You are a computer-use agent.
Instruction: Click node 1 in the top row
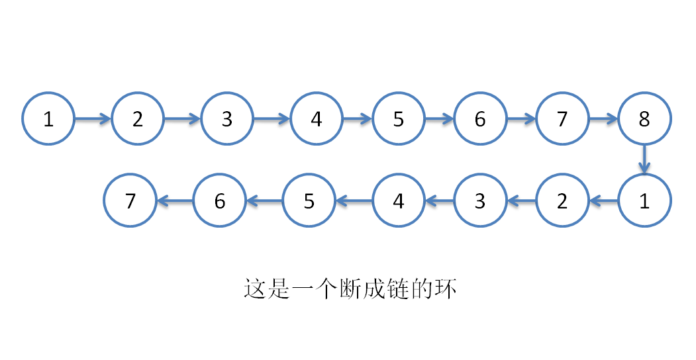pos(48,119)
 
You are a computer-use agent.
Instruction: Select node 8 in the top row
pos(644,119)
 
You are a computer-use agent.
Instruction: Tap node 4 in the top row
pos(317,119)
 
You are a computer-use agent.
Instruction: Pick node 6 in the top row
pos(480,119)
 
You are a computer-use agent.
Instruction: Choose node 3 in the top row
pos(227,119)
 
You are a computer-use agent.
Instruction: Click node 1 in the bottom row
pos(644,201)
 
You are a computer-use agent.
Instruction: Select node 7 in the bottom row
pos(130,201)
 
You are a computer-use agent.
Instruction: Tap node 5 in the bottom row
pos(309,201)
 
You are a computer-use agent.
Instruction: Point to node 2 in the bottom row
pos(562,201)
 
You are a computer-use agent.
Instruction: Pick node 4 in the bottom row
pos(399,201)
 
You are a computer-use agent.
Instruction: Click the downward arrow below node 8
pos(644,159)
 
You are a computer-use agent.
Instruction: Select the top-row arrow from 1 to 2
pos(93,119)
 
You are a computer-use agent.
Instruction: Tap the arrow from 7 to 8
pos(603,119)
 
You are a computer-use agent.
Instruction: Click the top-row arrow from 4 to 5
pos(358,119)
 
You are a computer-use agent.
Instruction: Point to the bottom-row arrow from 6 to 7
pos(175,201)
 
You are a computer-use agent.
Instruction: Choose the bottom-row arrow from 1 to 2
pos(603,201)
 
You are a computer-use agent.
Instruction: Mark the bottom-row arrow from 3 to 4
pos(440,201)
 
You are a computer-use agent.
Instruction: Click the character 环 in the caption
pos(446,290)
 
